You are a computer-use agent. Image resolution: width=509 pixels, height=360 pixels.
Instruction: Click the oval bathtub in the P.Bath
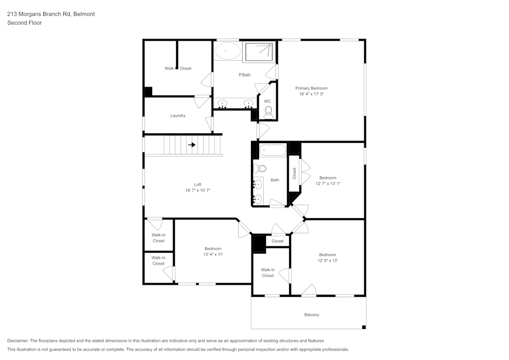[x=228, y=51]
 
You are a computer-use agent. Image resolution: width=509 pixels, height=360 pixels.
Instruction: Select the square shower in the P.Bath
[x=259, y=52]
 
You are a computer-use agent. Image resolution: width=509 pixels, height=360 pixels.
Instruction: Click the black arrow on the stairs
[x=192, y=145]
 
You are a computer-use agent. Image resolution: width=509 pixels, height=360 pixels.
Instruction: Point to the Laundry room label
[x=178, y=116]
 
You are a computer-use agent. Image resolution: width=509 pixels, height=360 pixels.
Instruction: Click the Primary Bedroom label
[x=312, y=88]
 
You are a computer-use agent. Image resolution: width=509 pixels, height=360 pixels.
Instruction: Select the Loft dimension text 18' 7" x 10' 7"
[x=198, y=190]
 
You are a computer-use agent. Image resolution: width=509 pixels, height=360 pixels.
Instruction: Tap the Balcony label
[x=312, y=315]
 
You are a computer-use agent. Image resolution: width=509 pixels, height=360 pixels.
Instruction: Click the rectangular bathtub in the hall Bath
[x=273, y=151]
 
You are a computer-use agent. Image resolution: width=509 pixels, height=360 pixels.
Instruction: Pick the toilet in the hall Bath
[x=260, y=169]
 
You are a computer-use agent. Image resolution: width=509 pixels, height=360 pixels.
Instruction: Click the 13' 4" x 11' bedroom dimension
[x=213, y=254]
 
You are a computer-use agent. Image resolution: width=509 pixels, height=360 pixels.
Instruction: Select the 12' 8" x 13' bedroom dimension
[x=327, y=260]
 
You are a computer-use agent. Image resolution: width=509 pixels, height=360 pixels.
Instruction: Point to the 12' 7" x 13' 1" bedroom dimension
[x=327, y=183]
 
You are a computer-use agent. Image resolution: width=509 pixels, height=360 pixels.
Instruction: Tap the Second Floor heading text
[x=24, y=23]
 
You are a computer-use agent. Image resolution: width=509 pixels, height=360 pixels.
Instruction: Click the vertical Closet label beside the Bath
[x=294, y=173]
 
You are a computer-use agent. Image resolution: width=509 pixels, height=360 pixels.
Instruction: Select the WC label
[x=267, y=101]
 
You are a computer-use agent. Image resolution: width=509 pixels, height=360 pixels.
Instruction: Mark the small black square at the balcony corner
[x=363, y=326]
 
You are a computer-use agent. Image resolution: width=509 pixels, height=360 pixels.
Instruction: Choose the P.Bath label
[x=244, y=75]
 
